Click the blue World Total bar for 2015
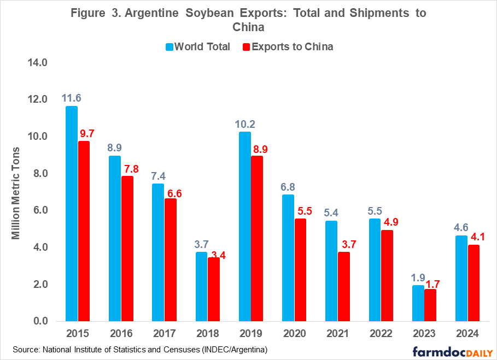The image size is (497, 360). (72, 214)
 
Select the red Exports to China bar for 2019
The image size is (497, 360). (258, 239)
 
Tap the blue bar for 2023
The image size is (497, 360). (418, 303)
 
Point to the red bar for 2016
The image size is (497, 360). (127, 249)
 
